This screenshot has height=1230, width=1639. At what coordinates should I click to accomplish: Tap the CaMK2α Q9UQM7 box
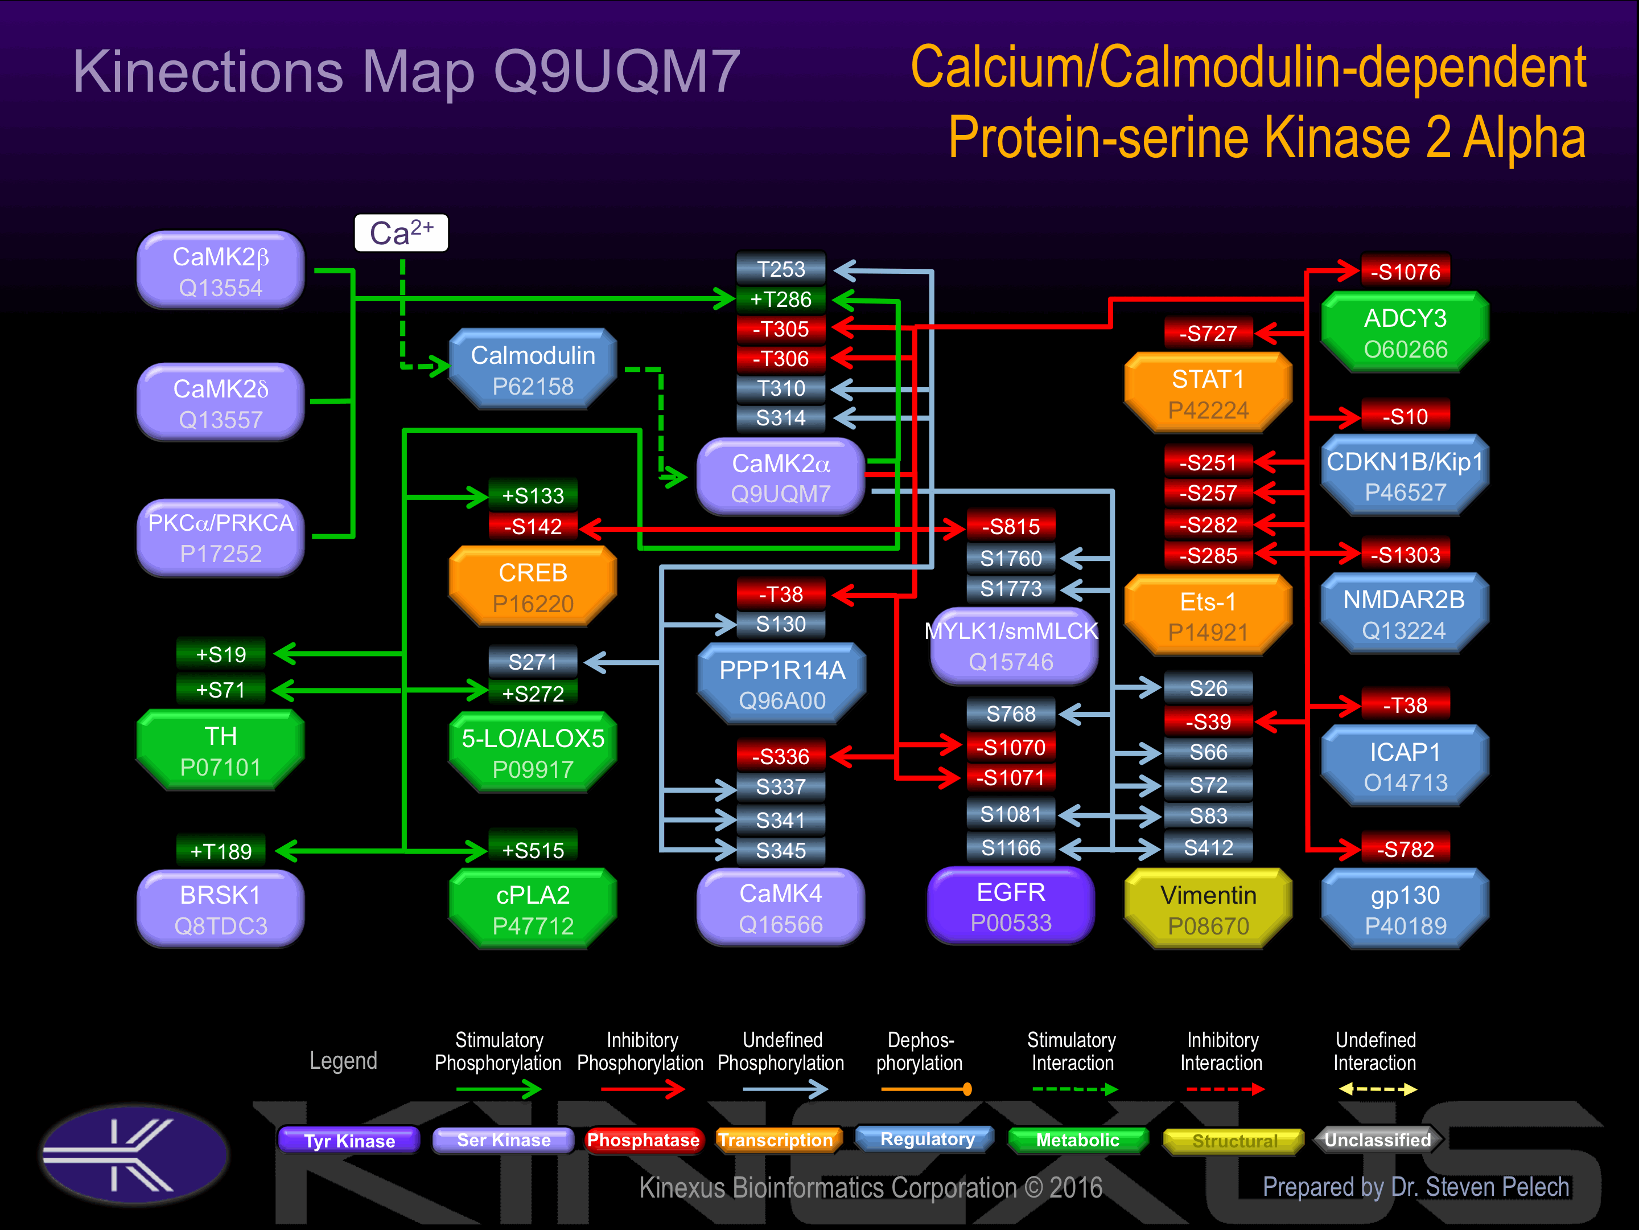click(x=780, y=477)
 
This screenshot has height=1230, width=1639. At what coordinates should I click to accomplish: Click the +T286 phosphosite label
click(x=780, y=299)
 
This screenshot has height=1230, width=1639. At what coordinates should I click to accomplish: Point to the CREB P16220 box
click(x=533, y=587)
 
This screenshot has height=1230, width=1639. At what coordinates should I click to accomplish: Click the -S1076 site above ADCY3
click(x=1405, y=272)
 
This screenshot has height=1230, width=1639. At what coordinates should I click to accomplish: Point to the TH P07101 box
click(x=221, y=751)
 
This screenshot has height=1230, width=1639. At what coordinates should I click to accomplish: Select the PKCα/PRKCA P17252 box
click(x=221, y=538)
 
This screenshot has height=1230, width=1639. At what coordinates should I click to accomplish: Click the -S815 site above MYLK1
click(x=1011, y=526)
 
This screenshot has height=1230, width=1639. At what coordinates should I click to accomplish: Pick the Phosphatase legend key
click(x=643, y=1139)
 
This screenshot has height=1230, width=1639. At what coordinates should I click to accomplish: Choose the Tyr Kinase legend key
click(x=349, y=1140)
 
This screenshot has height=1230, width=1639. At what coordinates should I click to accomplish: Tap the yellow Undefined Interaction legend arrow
click(x=1377, y=1089)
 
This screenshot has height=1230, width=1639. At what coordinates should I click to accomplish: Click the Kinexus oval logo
click(x=134, y=1154)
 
